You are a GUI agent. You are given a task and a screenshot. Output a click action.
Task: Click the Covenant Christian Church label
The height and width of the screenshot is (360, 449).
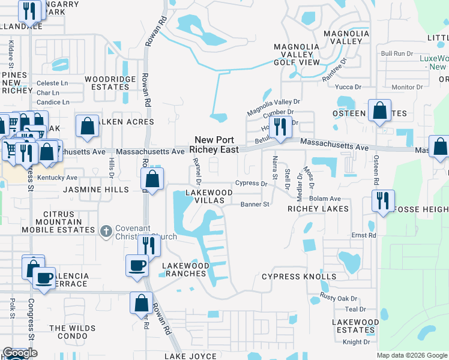[x=146, y=232]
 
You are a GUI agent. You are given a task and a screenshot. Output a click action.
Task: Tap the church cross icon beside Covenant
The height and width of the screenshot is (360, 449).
[x=106, y=231]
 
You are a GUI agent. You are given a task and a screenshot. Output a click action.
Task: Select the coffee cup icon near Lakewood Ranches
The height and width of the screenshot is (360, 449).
[x=137, y=265]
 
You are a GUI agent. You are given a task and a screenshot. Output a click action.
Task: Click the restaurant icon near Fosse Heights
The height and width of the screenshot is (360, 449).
[x=382, y=200]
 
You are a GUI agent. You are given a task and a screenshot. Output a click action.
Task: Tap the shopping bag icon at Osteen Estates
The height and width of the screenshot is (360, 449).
[x=380, y=110]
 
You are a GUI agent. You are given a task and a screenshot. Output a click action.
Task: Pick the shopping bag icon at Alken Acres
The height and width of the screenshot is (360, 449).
[x=87, y=125]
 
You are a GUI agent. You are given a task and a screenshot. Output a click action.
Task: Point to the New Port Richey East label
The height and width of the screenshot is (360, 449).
[x=214, y=145]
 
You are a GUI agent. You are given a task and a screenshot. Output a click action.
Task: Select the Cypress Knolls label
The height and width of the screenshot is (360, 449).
[x=299, y=277]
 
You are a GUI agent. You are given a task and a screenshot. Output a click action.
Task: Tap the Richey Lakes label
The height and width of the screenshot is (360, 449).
[x=318, y=209]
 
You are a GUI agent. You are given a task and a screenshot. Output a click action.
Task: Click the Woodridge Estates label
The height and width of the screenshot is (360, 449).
[x=107, y=83]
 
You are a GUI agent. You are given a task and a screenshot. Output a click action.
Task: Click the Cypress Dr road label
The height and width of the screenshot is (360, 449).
[x=251, y=183]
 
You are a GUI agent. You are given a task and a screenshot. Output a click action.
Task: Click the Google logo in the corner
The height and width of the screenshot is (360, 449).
[x=20, y=353]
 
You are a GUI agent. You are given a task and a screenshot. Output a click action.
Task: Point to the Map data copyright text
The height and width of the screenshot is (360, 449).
[x=412, y=355]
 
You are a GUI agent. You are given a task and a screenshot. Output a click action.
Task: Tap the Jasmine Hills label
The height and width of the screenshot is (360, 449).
[x=96, y=190]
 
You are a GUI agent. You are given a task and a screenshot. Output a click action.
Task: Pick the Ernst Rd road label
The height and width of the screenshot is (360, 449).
[x=363, y=235]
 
